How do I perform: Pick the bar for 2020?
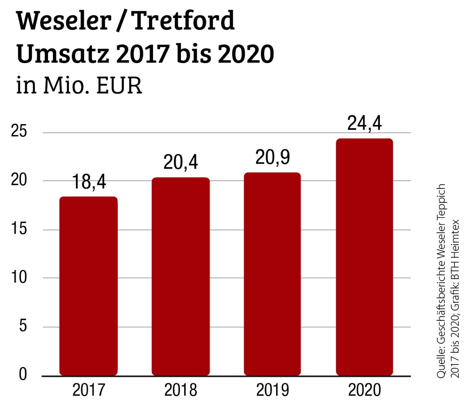[x=365, y=257]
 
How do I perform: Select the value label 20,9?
[x=273, y=158]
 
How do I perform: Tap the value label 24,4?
[x=365, y=124]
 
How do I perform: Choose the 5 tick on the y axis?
[x=23, y=327]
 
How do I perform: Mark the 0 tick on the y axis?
[x=23, y=375]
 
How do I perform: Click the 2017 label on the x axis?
[x=89, y=390]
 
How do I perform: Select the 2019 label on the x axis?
[x=273, y=390]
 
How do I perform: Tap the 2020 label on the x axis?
[x=365, y=390]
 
